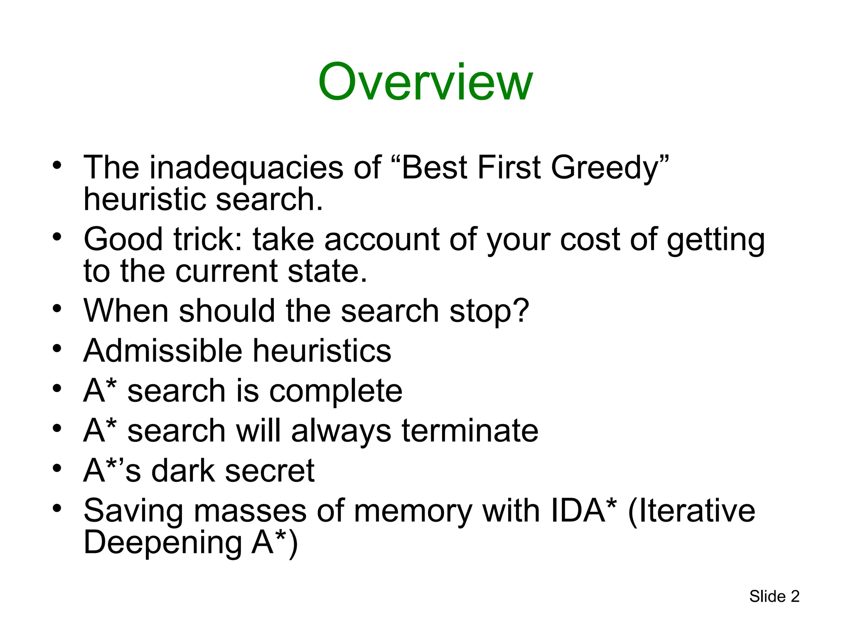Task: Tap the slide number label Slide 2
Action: (774, 596)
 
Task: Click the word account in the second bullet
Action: (382, 240)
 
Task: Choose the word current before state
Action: (226, 271)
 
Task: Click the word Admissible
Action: (162, 351)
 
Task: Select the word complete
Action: (336, 391)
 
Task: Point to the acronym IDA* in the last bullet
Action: (583, 510)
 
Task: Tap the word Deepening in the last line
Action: (162, 542)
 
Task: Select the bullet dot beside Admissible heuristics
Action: (57, 348)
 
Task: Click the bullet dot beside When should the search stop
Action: (57, 308)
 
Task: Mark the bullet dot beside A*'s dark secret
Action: (57, 468)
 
